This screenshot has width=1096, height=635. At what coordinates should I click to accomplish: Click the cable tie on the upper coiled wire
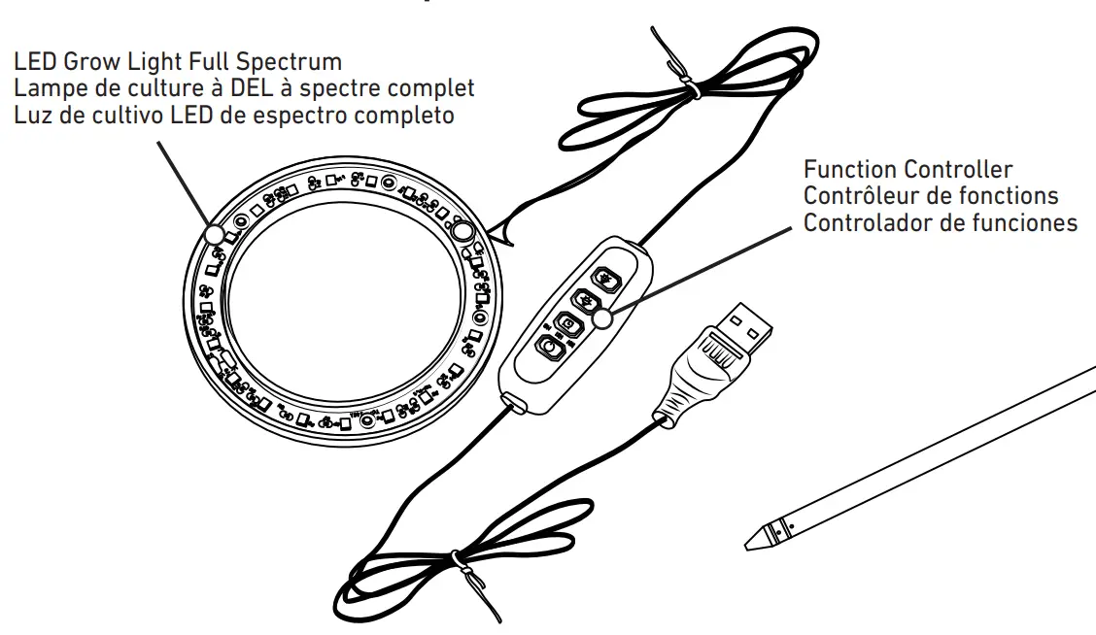693,91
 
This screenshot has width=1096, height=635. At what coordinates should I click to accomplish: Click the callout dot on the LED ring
213,234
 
